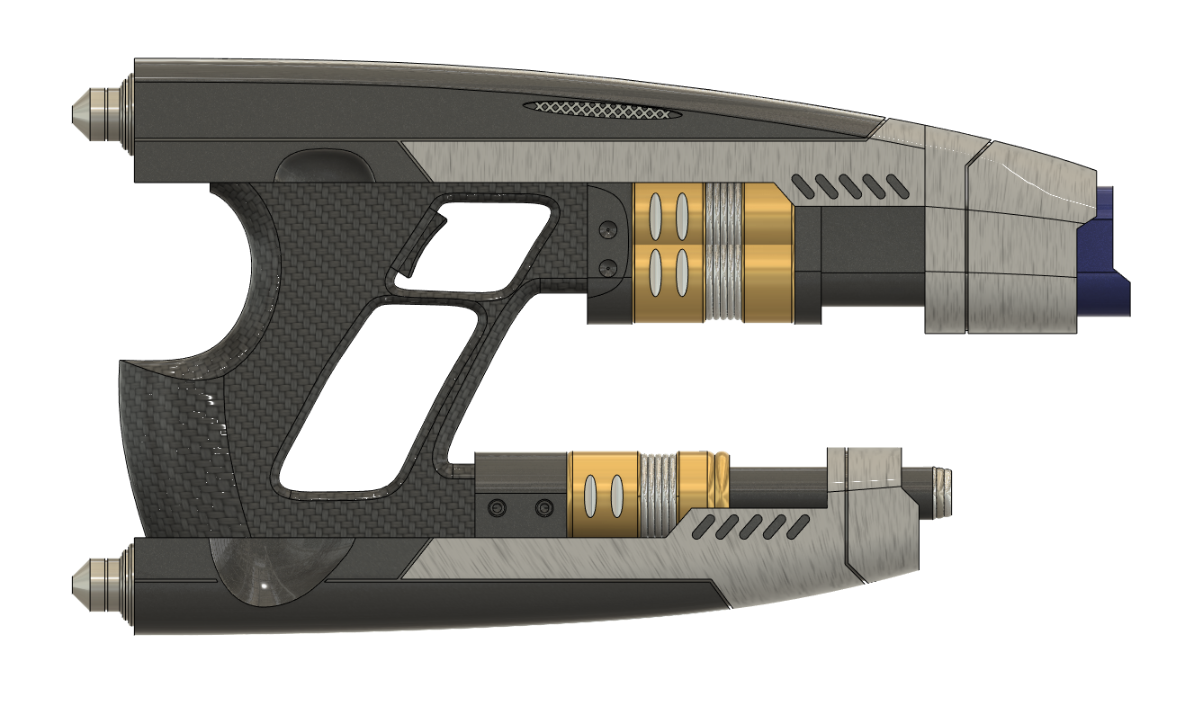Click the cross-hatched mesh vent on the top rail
coord(603,110)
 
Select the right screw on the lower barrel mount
coord(543,509)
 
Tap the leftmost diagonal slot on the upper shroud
coord(800,184)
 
